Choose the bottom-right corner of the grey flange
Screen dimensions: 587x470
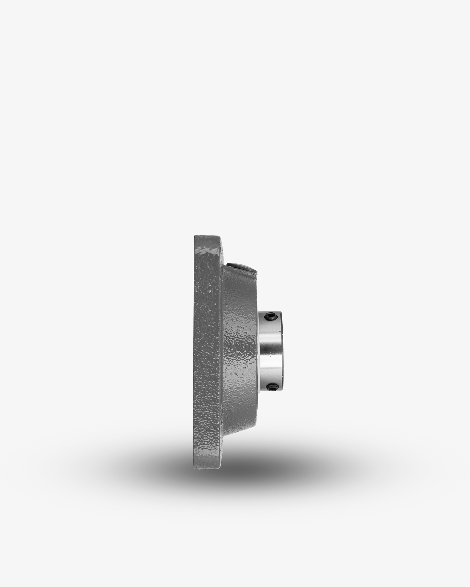220,468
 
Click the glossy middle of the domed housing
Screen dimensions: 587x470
241,353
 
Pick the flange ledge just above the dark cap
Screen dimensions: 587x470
222,252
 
